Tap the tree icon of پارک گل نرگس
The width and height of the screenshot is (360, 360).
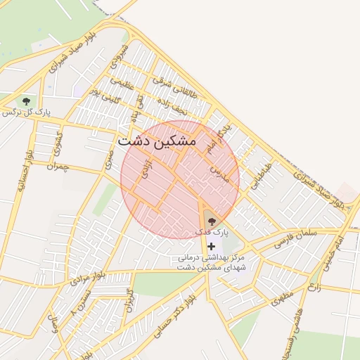tap(27, 102)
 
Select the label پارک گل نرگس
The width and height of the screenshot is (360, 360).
tap(26, 112)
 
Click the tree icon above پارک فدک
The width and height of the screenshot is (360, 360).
tap(212, 222)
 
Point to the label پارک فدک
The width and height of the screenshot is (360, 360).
tap(212, 232)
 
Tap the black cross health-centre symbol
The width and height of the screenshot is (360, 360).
tap(211, 246)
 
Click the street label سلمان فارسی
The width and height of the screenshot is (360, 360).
tap(296, 237)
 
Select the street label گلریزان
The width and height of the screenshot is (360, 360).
tap(128, 301)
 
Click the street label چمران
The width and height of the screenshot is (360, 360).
tap(60, 166)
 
